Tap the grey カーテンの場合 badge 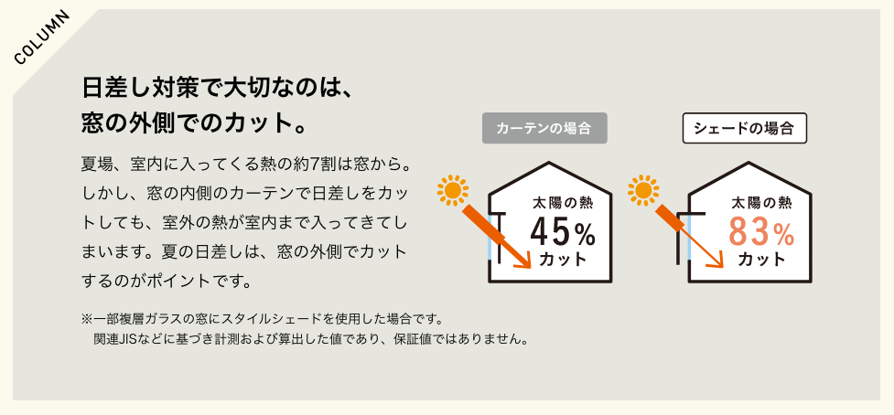544,128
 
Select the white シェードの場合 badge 745,128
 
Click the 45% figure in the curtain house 563,232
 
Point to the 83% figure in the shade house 761,232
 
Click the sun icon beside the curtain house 453,189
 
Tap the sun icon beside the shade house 643,189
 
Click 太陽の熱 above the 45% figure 563,203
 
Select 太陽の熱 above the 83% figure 761,203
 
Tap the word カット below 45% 563,260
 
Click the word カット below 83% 761,260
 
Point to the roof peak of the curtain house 549,164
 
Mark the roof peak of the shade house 749,164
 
